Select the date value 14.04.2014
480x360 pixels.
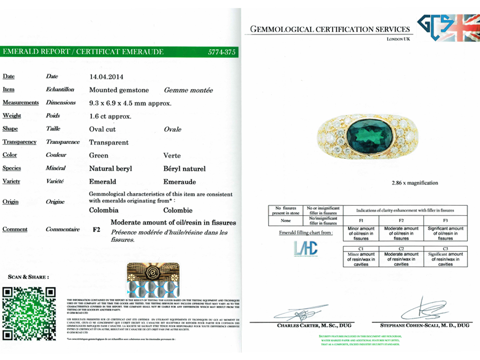[106, 76]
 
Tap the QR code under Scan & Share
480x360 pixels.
[29, 314]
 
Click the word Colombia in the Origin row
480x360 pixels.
[104, 210]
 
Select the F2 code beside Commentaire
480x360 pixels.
[97, 230]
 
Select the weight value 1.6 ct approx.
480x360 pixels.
[110, 116]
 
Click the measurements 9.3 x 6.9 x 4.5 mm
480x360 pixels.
[130, 103]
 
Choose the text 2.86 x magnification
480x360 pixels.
[368, 183]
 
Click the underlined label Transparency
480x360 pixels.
[19, 142]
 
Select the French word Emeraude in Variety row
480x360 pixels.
[180, 182]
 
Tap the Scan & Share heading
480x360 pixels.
[28, 277]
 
